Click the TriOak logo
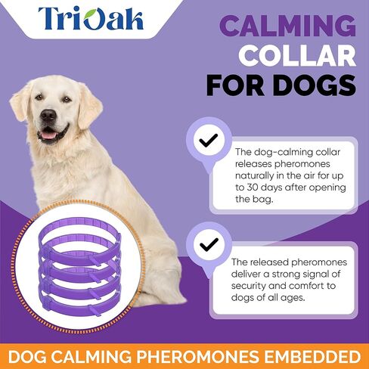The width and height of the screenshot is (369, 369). coord(91,18)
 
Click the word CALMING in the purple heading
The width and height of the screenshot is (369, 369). coord(288,26)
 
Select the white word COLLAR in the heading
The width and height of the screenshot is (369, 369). coord(297,55)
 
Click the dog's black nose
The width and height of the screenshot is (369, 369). coord(48,116)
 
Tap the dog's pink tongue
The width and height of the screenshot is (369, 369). coord(48,135)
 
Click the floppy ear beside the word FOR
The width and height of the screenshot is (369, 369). coord(89,107)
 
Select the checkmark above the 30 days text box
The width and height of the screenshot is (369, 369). coord(209,140)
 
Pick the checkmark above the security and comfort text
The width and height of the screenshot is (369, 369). coord(209,244)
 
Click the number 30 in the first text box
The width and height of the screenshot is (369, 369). coord(252,188)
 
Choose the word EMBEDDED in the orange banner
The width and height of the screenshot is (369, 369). coord(312,356)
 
